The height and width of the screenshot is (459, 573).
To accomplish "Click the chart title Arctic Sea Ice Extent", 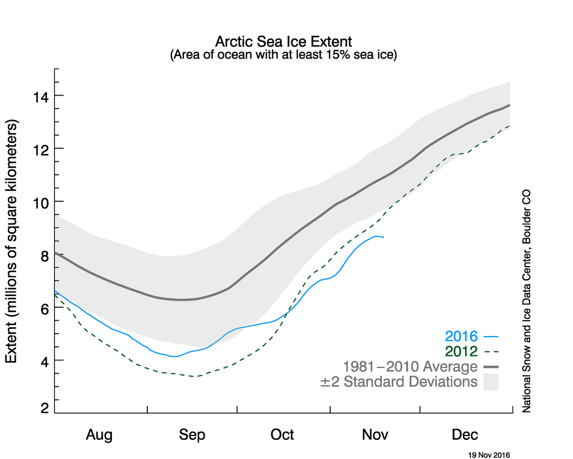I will (x=283, y=42).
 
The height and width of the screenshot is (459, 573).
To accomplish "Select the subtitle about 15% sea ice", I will (x=283, y=55).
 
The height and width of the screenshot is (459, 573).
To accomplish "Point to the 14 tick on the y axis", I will (x=41, y=96).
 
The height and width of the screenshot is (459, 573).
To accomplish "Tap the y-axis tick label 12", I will (x=41, y=149).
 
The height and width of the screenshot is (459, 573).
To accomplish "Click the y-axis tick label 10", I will (x=41, y=202).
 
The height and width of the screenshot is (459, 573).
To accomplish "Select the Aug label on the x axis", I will (x=99, y=435).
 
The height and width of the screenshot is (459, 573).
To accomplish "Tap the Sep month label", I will (x=192, y=435).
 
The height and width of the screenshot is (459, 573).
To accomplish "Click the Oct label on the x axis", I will (x=282, y=435).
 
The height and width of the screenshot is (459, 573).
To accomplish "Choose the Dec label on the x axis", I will (x=464, y=435).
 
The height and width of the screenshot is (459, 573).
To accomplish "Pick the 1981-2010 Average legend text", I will (x=409, y=366).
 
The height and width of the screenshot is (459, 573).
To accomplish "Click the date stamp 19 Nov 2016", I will (x=489, y=454).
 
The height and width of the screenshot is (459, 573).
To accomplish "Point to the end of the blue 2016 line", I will (x=384, y=237).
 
